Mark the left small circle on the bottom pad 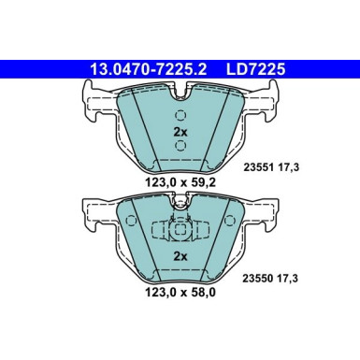[x=131, y=225]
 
